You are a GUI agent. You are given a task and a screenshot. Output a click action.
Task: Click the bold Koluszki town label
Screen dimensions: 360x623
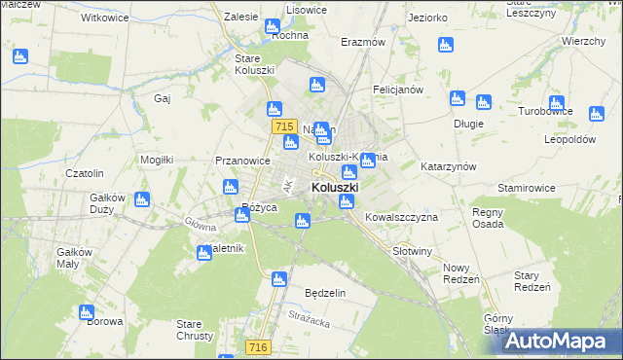coord(335,187)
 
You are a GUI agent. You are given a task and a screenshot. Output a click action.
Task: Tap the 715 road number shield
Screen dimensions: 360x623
coord(284,126)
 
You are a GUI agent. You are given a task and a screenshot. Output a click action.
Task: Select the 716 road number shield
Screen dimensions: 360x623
coord(257,346)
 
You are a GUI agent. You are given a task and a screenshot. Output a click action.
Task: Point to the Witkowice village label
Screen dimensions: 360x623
coord(105,18)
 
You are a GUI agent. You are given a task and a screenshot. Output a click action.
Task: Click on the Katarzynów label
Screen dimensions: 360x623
coord(448,166)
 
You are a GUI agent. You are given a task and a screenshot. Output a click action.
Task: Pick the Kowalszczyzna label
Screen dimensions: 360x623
coord(401,217)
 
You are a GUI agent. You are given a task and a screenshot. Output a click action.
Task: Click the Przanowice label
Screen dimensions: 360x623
coord(242,162)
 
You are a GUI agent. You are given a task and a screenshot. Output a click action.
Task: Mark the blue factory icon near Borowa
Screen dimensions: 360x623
coord(86,313)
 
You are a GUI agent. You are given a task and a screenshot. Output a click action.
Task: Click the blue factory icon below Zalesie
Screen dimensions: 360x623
coord(272,28)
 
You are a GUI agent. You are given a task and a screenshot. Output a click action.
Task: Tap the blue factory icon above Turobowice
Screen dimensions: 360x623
coord(556,103)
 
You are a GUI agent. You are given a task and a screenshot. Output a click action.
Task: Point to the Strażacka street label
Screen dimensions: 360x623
coord(311,315)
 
